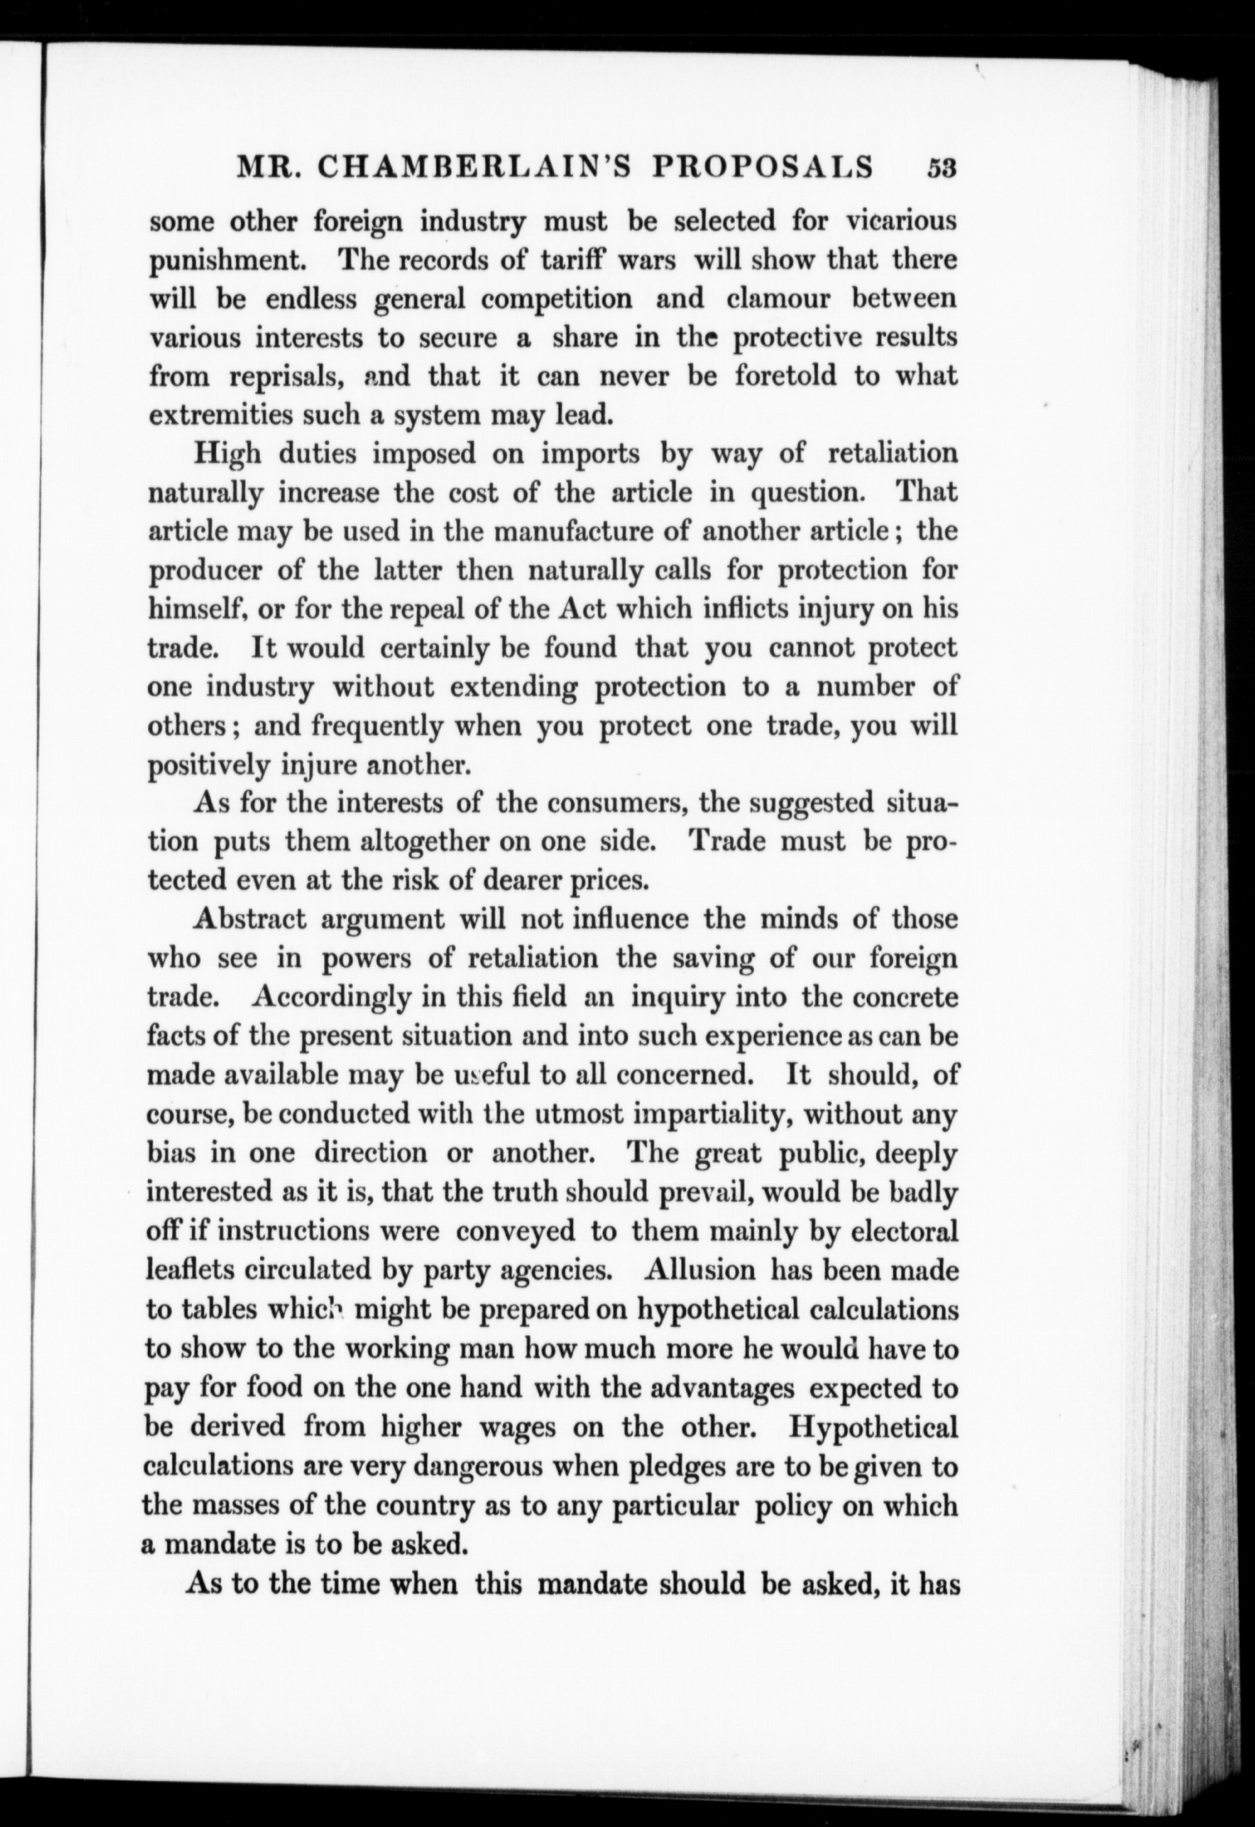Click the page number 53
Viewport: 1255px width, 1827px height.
[941, 169]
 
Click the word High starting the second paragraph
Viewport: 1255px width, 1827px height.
[227, 455]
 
